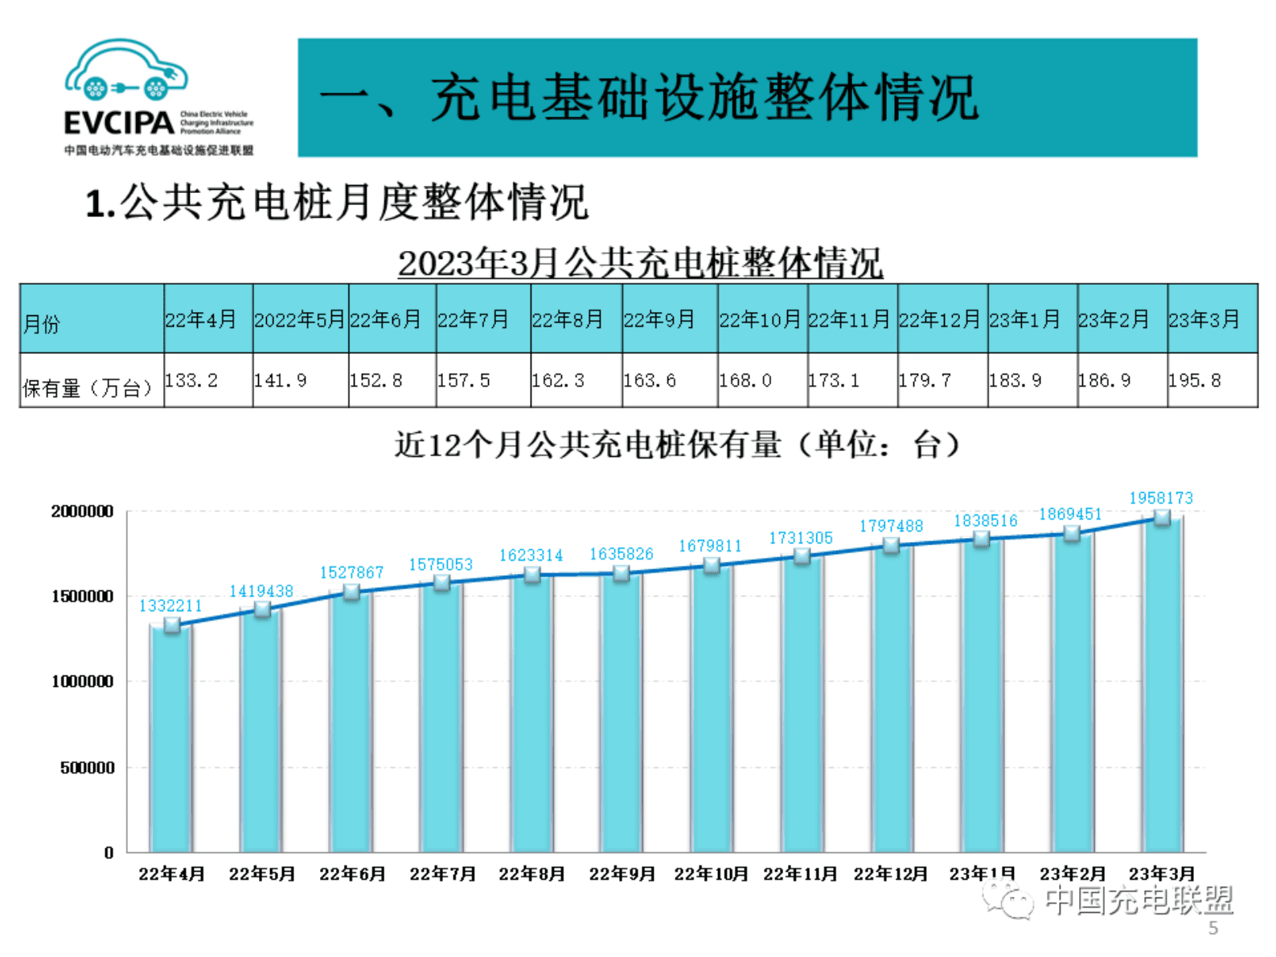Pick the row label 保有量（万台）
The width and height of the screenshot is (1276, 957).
(x=88, y=388)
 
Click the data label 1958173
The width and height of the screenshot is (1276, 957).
(x=1160, y=498)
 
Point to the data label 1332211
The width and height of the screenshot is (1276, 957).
(x=170, y=606)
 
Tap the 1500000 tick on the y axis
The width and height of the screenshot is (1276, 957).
(x=82, y=596)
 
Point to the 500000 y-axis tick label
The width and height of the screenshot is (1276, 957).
(x=87, y=767)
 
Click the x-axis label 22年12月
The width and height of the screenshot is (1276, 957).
(x=891, y=873)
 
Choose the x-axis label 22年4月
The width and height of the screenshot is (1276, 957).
(x=171, y=873)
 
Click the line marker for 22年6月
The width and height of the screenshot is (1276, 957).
(x=351, y=592)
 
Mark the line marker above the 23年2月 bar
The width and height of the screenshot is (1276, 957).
(x=1071, y=533)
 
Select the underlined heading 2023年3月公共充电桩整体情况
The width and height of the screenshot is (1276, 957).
(x=640, y=263)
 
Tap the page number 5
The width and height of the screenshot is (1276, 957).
(x=1212, y=928)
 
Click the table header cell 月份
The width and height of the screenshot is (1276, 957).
(x=42, y=324)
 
